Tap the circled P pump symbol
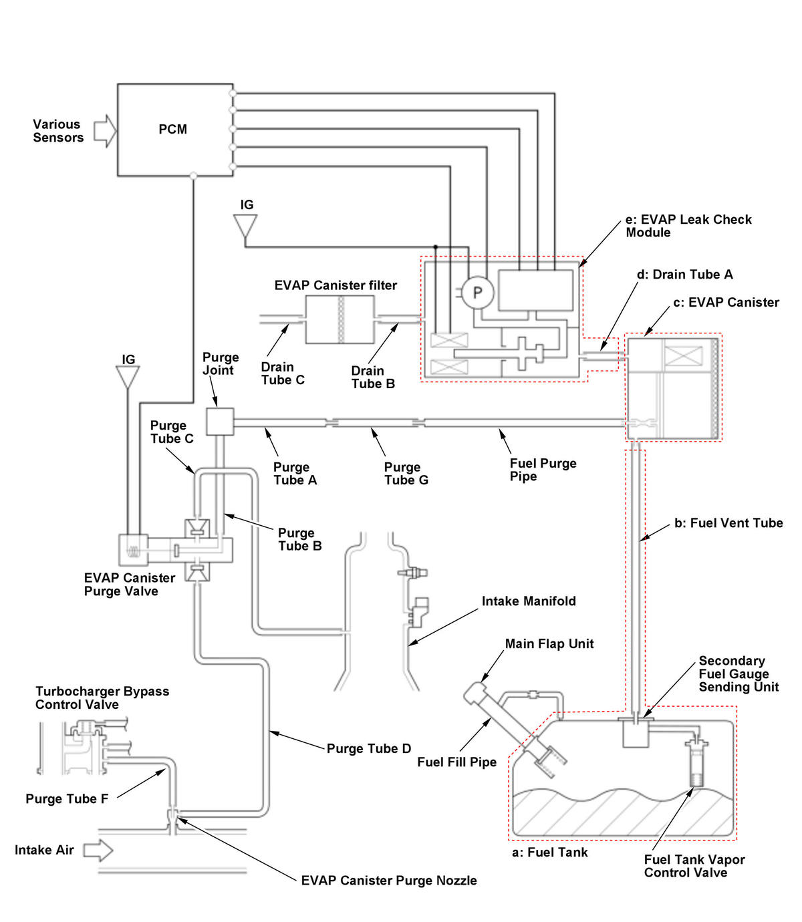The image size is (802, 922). click(477, 293)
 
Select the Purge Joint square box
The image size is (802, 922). click(219, 422)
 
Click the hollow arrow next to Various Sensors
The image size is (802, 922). click(105, 131)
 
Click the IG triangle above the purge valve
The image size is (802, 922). click(128, 377)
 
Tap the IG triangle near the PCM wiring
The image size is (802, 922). click(245, 226)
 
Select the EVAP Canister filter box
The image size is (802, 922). click(340, 319)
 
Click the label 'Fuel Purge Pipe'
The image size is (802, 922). click(543, 470)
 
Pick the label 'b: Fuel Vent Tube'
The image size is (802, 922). click(728, 522)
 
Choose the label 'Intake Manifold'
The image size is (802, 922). click(529, 601)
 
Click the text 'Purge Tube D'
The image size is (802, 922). click(369, 748)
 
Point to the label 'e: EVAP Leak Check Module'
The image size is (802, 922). click(688, 226)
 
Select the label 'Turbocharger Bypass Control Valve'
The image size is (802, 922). click(102, 698)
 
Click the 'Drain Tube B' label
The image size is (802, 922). click(373, 377)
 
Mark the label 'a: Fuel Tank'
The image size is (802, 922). click(549, 852)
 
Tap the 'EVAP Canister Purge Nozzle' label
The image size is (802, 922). click(388, 880)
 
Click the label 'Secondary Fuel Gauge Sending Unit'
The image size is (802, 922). click(739, 673)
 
